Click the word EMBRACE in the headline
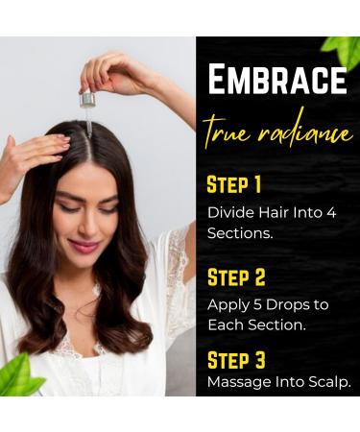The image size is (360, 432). pos(277,80)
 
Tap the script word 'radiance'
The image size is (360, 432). pos(304,132)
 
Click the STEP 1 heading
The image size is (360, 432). pos(234,183)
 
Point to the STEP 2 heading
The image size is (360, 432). pos(236,278)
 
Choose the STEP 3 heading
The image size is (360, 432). pos(236,360)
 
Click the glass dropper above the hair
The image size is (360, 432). pos(88,108)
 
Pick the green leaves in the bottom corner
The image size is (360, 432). pos(21,376)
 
